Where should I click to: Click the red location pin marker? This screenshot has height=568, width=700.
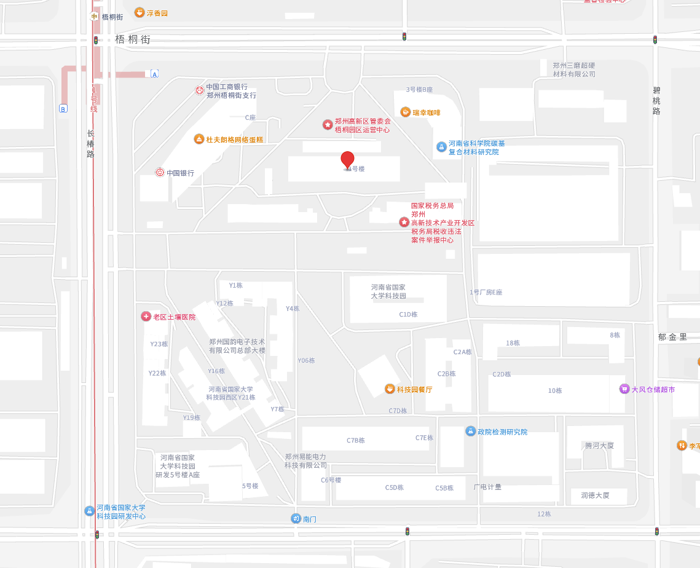[348, 159]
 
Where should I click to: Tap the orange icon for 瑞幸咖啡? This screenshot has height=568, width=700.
[405, 112]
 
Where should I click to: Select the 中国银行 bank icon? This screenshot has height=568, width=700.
[160, 173]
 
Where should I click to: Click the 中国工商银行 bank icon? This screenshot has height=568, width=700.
[200, 90]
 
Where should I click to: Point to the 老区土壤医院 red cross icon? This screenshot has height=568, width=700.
[146, 317]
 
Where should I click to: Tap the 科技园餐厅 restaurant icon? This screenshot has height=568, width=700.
[390, 389]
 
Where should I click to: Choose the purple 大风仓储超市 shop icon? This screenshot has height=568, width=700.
[624, 389]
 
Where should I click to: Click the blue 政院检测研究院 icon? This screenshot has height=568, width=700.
[471, 431]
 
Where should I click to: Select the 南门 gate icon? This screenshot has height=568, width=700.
[296, 518]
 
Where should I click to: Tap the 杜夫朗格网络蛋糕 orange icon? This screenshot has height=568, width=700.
[199, 139]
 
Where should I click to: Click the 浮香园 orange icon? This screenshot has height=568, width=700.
[140, 12]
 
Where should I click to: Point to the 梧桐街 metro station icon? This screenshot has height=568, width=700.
[94, 16]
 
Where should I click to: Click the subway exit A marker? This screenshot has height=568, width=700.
[155, 74]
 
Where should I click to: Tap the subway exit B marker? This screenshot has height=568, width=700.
[63, 109]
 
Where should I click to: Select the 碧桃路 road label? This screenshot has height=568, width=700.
[656, 100]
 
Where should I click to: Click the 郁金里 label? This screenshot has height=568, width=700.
[672, 337]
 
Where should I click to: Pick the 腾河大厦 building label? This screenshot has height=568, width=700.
[599, 446]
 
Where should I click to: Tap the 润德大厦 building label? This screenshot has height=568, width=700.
[595, 495]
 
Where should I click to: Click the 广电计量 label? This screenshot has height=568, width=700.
[487, 487]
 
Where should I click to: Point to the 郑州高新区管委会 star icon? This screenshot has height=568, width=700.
[328, 125]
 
